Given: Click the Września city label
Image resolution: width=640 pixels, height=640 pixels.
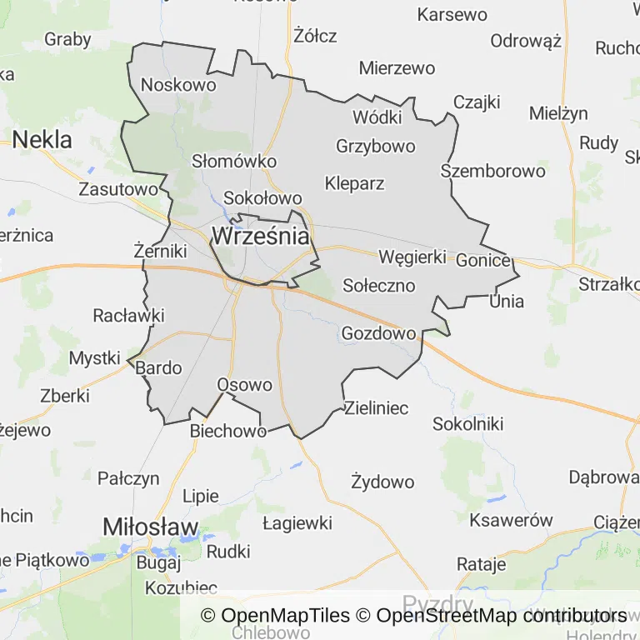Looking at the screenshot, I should click(261, 236).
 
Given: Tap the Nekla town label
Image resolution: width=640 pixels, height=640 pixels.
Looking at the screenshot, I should click(42, 138).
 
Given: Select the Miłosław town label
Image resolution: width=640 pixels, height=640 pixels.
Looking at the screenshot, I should click(151, 527).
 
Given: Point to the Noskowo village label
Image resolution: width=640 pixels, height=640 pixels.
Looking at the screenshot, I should click(178, 84).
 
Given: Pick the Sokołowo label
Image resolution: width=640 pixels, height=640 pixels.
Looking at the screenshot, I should click(262, 198).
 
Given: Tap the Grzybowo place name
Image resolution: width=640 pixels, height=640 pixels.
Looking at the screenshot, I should click(375, 146).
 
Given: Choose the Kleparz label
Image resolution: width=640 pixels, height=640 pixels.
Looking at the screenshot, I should click(355, 183).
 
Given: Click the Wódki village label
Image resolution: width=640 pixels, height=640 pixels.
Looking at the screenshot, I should click(377, 117).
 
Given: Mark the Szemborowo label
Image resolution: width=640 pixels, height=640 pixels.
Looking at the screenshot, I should click(493, 171).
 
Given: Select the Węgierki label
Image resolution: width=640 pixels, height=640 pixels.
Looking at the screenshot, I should click(412, 257).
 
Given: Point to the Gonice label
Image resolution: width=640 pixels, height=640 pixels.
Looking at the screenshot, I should click(482, 260).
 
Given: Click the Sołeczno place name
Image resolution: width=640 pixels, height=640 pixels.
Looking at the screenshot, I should click(379, 285).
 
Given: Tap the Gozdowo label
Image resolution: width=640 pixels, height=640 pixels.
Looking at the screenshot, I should click(378, 333).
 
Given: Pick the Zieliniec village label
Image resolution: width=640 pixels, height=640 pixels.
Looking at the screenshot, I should click(377, 408).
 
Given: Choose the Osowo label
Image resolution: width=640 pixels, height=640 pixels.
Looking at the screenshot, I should click(244, 385).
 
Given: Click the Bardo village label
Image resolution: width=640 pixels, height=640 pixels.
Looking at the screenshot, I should click(158, 367).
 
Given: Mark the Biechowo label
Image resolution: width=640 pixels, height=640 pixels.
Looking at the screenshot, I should click(228, 431).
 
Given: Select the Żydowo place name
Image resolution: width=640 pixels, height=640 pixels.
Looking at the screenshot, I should click(382, 482).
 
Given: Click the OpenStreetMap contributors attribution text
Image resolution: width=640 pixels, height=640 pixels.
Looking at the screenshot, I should click(501, 616).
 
